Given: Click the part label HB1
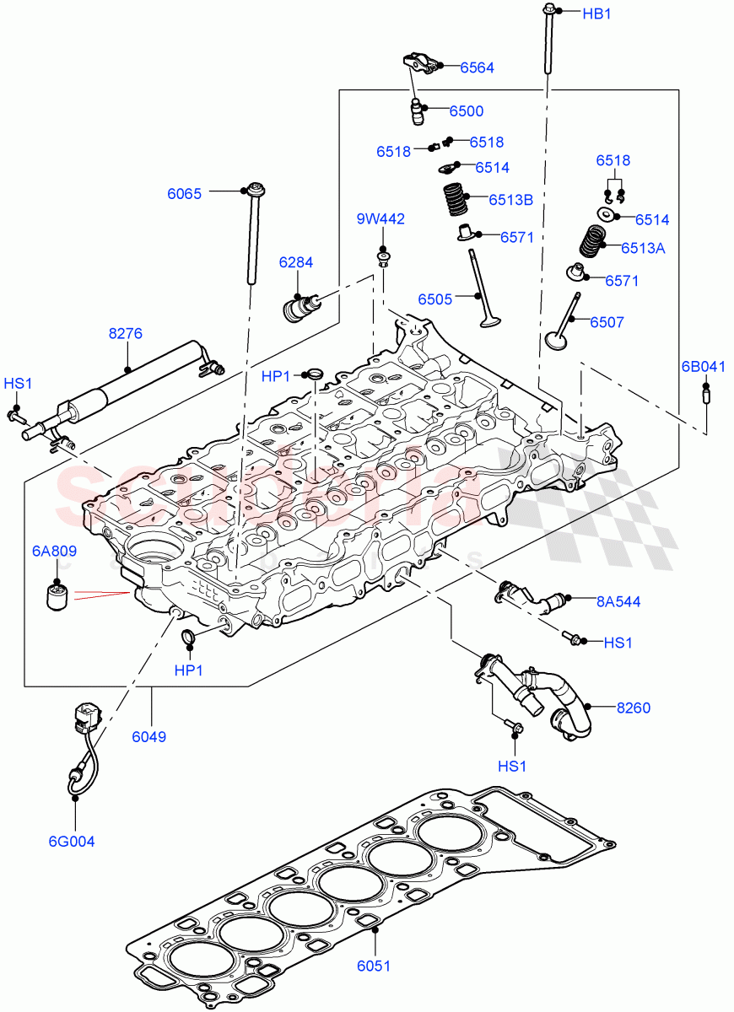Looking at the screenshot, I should [596, 13].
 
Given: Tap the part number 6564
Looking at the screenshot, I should [477, 67].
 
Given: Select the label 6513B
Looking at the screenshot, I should [510, 200].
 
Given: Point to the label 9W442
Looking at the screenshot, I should [380, 219].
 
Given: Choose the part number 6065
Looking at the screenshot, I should [184, 193].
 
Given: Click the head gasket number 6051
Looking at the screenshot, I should [374, 966].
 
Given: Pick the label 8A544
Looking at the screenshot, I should [618, 601].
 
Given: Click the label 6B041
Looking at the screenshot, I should [704, 366].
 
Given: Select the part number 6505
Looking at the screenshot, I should [434, 299].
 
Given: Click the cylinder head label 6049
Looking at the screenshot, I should [148, 736].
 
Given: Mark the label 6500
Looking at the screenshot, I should [466, 111].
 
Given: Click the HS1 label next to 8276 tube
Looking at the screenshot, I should [17, 384].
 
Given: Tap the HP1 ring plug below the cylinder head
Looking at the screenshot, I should [187, 638].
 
